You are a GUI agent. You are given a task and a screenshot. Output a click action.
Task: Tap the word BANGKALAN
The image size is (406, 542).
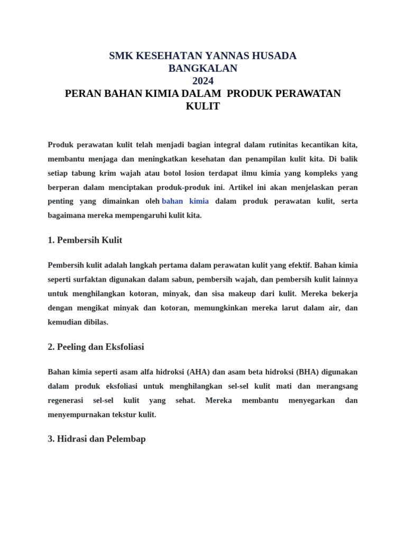(203, 68)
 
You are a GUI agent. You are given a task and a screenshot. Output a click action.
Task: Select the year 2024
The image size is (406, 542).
(203, 81)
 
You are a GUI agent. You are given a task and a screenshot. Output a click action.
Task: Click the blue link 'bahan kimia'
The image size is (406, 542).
(186, 201)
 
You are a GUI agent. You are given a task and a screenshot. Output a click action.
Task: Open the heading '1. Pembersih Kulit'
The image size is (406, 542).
(85, 240)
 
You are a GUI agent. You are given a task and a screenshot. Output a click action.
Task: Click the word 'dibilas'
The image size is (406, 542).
(95, 322)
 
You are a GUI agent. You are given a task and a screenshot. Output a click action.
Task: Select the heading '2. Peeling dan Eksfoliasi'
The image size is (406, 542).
(96, 347)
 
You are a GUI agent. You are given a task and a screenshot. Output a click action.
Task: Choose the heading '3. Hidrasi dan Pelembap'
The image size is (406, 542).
(96, 439)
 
